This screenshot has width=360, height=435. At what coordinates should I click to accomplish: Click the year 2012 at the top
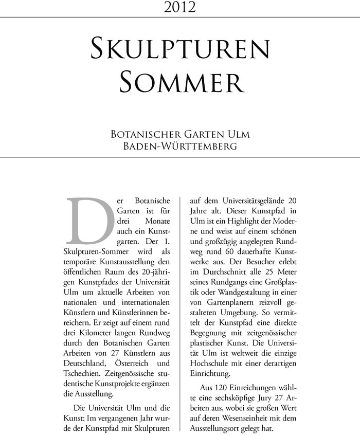[179, 7]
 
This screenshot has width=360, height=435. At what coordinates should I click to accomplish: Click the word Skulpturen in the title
[179, 49]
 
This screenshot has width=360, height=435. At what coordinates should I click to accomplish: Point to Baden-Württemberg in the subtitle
[179, 146]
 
